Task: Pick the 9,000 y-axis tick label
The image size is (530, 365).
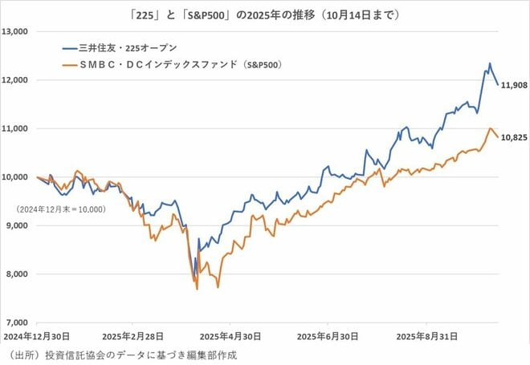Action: tap(18, 225)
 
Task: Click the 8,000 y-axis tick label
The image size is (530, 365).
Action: tap(18, 274)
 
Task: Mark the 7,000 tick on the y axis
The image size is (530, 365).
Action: tap(18, 322)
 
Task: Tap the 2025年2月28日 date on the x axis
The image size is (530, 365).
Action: tap(132, 336)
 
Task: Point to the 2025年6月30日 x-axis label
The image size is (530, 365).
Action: tap(326, 336)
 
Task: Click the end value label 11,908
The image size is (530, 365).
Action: tap(514, 84)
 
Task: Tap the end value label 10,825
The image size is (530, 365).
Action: tap(514, 137)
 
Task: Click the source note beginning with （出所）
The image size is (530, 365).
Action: tap(120, 353)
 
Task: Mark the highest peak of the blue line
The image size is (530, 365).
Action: tap(490, 64)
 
